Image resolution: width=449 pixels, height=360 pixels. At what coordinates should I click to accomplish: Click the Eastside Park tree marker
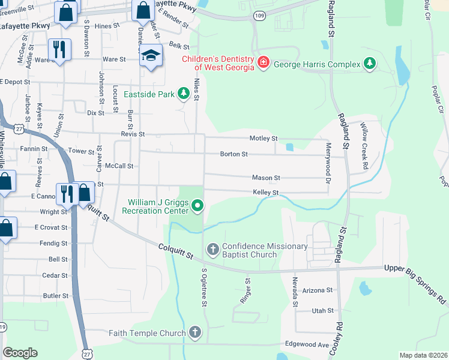pos(182,94)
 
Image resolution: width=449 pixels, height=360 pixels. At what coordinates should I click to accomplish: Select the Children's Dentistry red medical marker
pos(262,62)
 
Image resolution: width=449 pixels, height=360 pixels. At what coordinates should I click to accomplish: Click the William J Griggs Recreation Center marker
pos(197,207)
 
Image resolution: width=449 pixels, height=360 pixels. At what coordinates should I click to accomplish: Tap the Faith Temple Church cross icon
pos(194,332)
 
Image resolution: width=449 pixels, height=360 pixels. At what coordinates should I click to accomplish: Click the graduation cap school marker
pos(151,55)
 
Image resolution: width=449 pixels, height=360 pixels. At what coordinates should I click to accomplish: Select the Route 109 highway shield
pos(259,15)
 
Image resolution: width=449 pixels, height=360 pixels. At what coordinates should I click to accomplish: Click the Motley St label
pos(266,138)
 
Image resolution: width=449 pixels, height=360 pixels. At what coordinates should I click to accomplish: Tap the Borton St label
pos(234,154)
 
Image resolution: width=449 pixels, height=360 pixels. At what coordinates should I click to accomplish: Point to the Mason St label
pos(266,178)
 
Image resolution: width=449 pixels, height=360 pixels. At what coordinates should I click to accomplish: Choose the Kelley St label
pos(266,193)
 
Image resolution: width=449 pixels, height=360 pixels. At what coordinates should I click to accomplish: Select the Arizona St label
pos(318,290)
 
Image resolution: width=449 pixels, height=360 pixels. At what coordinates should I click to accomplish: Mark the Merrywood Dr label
pos(328,163)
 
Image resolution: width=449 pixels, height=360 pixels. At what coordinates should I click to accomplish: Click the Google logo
pos(20,353)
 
